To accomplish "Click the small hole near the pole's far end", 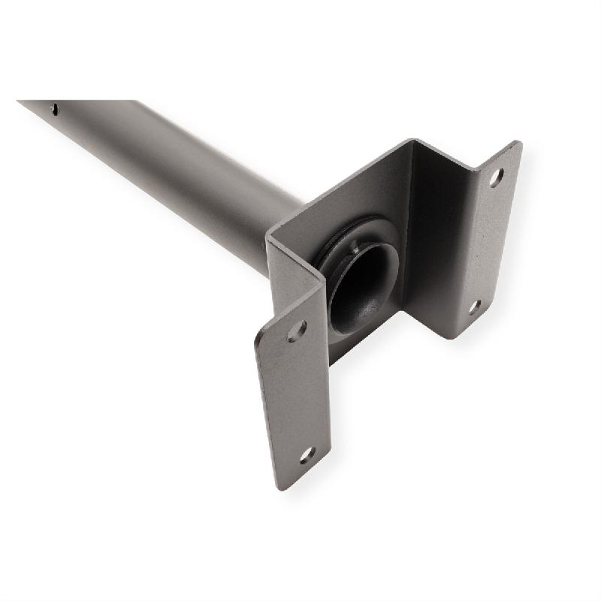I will click(55, 109).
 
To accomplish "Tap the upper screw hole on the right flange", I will click(496, 178).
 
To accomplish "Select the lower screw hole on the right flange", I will click(475, 307).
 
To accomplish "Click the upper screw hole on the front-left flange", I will click(297, 330).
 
